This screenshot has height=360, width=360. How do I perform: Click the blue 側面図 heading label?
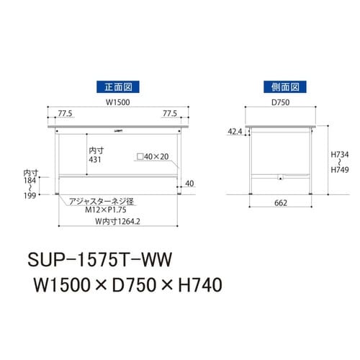pos(280,86)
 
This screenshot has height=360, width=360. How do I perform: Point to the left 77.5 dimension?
pos(66,114)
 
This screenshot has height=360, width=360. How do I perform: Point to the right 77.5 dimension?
pos(170,114)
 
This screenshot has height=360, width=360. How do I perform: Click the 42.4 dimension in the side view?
pos(235,132)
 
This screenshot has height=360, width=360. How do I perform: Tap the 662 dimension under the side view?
pos(281,204)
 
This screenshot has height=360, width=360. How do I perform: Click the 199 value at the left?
pos(30,194)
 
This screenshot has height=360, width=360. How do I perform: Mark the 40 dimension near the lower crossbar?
pos(189,183)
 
